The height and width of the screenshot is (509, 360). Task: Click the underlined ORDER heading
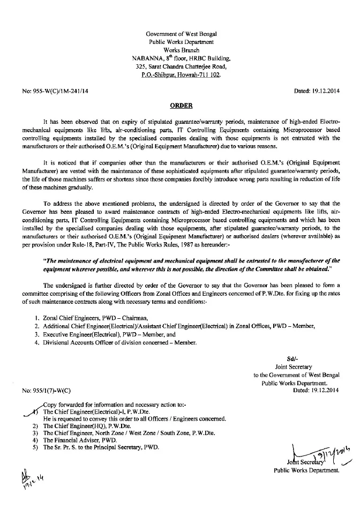click(180, 106)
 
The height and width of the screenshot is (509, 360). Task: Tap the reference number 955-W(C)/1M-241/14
click(52, 92)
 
